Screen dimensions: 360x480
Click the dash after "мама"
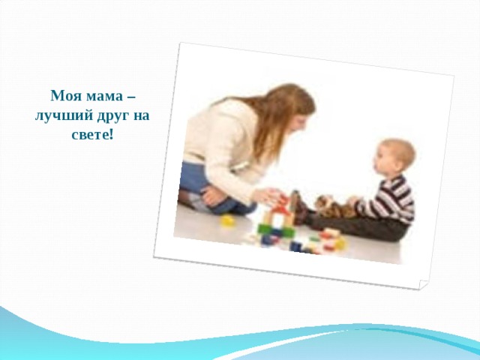click(x=133, y=97)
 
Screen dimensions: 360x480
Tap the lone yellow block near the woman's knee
click(x=227, y=220)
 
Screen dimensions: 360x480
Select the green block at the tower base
click(x=274, y=230)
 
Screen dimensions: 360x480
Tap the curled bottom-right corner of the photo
click(x=423, y=285)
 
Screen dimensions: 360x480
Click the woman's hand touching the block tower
click(x=265, y=196)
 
